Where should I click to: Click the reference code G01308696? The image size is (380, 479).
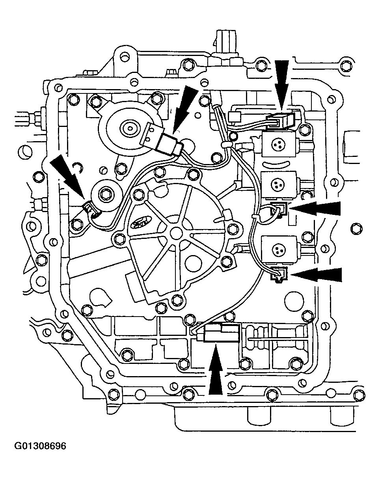(x=41, y=446)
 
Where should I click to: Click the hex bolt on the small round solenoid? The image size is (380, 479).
(x=106, y=194)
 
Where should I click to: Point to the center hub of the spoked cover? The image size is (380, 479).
(x=174, y=232)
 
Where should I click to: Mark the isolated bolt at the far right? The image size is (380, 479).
(x=357, y=227)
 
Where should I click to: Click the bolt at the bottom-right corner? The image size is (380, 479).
(x=357, y=394)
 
